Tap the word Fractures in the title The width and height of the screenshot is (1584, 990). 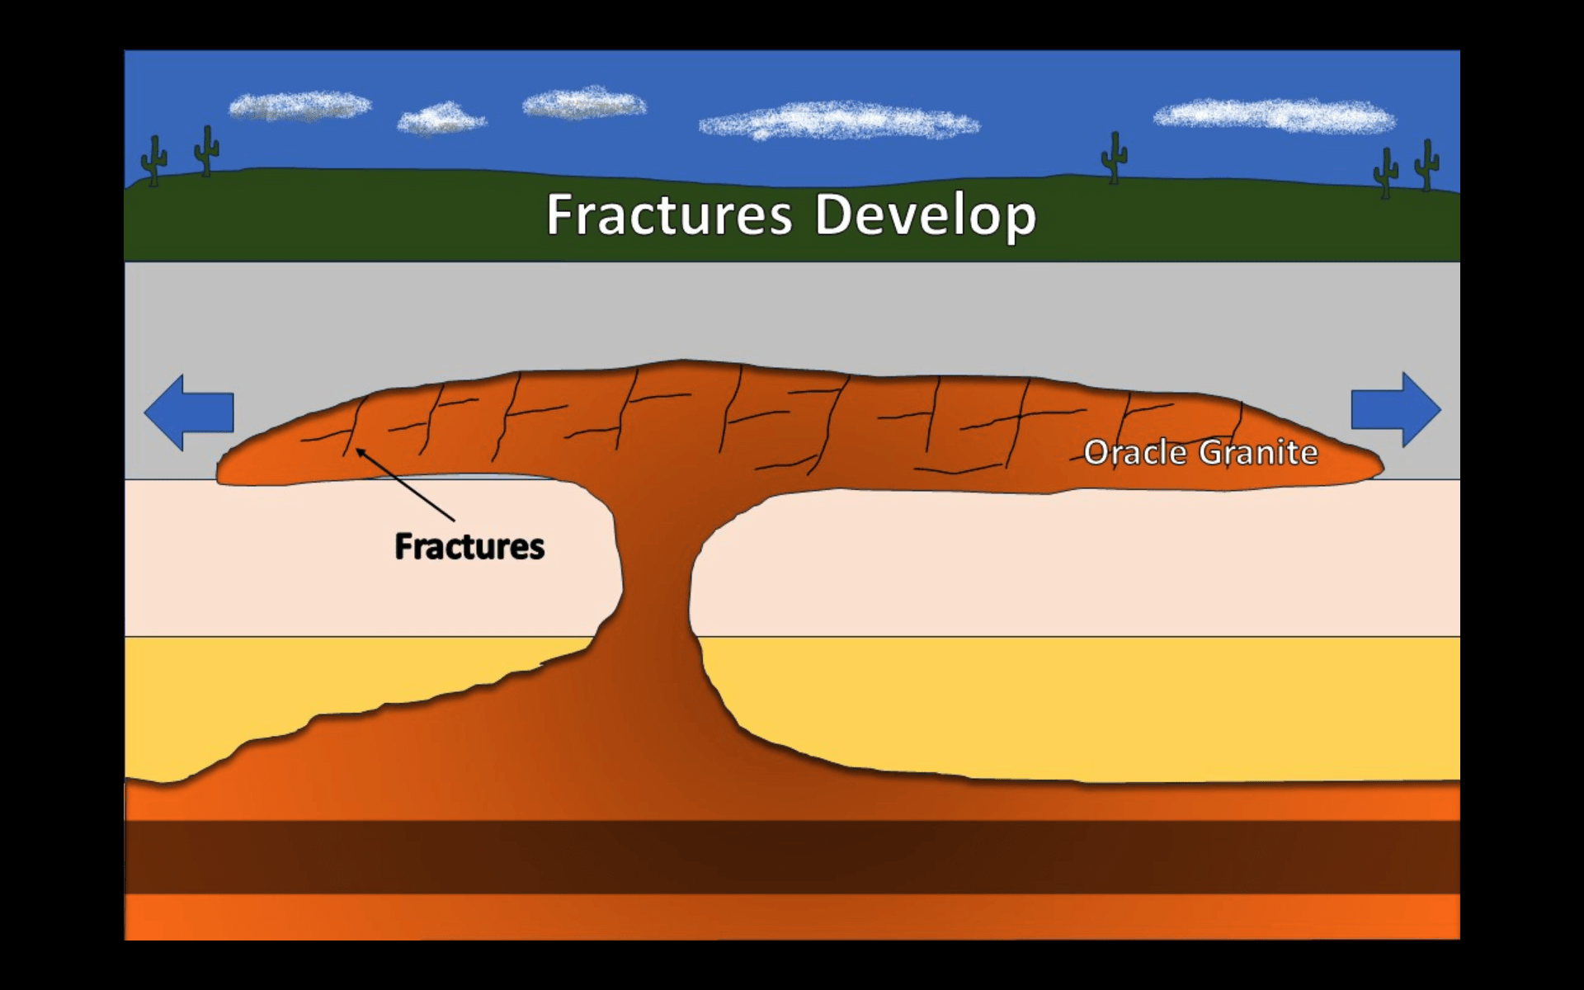669,215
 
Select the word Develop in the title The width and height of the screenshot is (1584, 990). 925,215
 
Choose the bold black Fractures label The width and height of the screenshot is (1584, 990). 469,546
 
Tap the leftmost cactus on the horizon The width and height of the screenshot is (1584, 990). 153,160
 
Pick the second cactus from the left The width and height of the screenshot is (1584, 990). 206,150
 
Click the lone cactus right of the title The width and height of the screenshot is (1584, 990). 1115,157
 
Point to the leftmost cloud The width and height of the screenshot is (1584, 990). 299,106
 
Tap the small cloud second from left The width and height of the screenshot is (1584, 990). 441,120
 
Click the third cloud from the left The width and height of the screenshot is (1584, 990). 584,103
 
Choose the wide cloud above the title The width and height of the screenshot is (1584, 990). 839,121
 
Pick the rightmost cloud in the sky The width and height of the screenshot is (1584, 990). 1274,115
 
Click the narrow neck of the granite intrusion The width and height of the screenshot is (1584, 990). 656,577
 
